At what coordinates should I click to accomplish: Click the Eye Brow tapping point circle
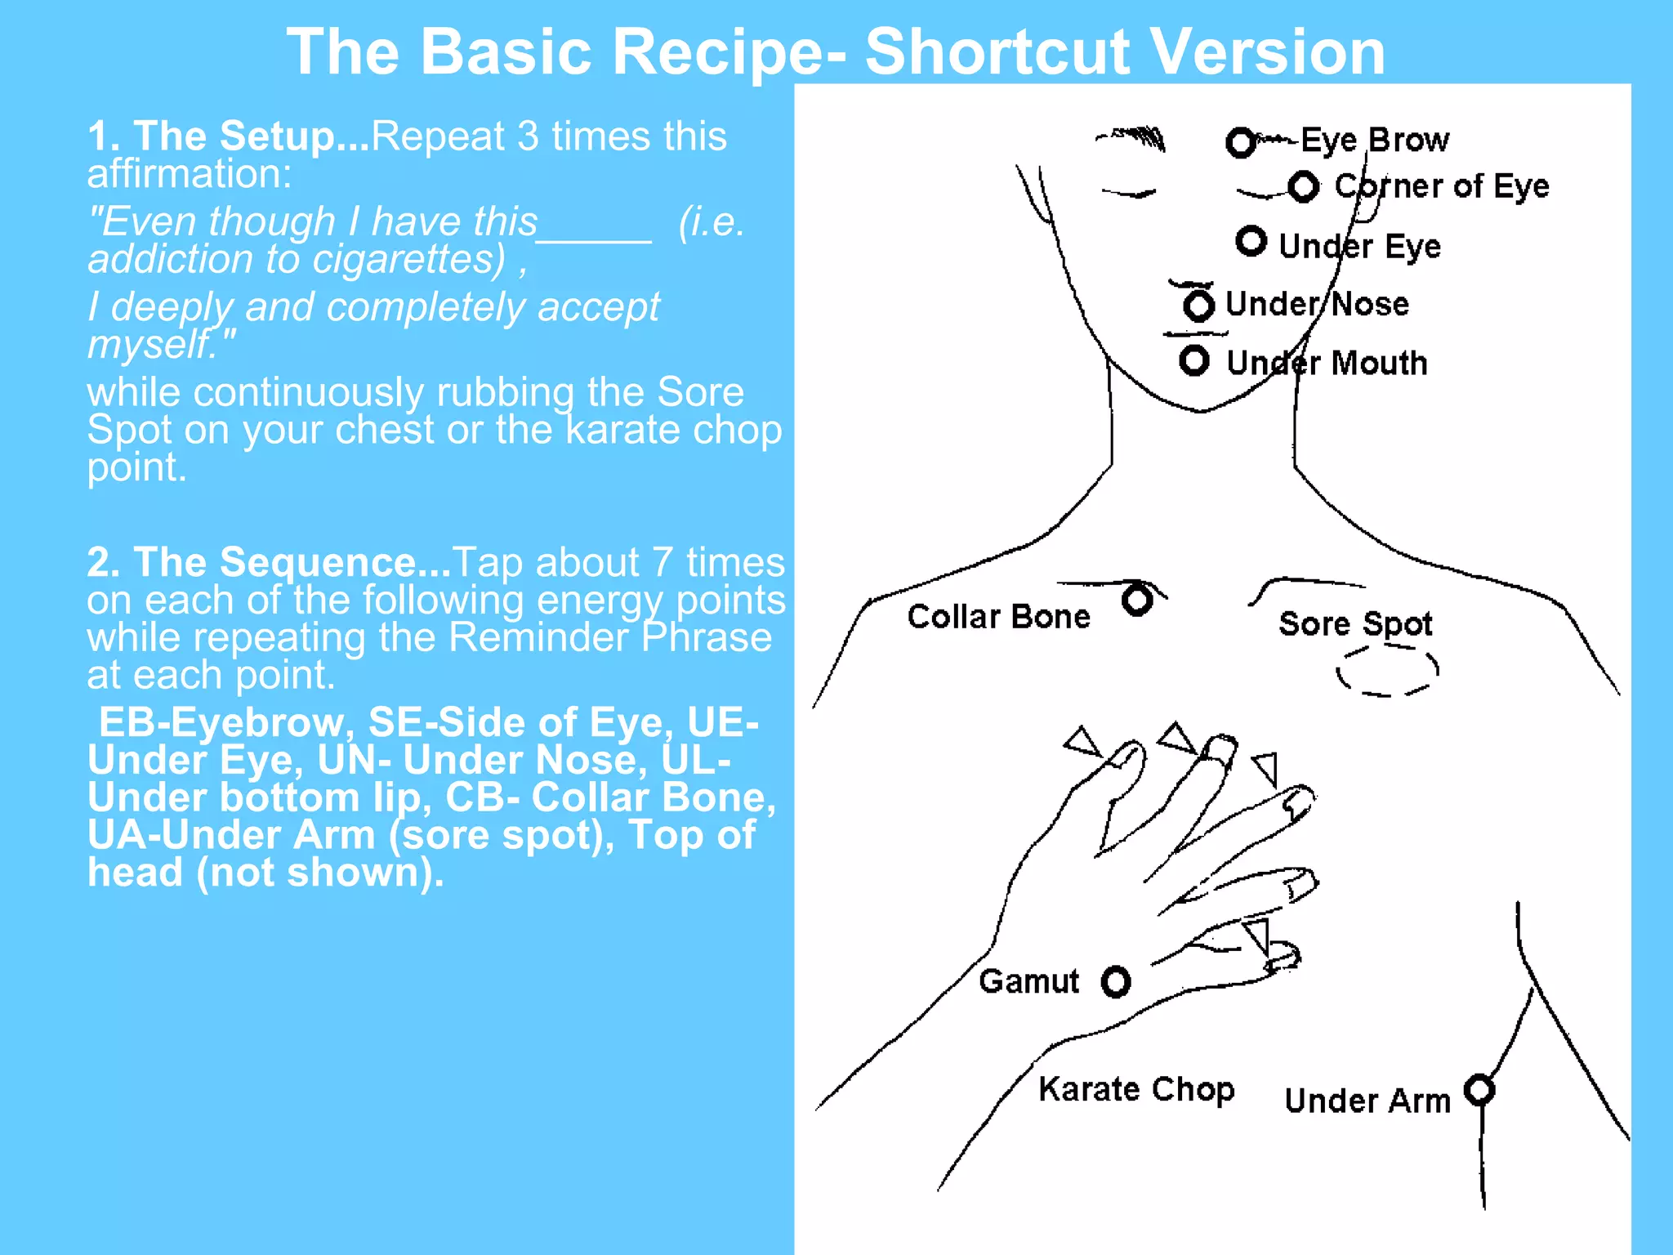(x=1241, y=143)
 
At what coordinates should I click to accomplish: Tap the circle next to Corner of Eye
(x=1304, y=187)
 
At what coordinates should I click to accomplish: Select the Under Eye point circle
(x=1251, y=242)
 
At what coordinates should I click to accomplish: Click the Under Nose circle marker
(x=1199, y=306)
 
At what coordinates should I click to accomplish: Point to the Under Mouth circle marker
(x=1194, y=360)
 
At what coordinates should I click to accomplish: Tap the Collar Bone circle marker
(x=1137, y=600)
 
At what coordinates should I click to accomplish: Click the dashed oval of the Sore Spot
(x=1387, y=671)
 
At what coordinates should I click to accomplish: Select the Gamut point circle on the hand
(x=1116, y=982)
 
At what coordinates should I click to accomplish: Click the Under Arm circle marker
(x=1479, y=1089)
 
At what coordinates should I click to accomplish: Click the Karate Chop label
(x=1136, y=1089)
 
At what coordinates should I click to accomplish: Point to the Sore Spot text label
(x=1355, y=624)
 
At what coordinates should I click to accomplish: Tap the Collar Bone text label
(x=998, y=617)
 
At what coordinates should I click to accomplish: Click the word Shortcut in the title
(x=998, y=52)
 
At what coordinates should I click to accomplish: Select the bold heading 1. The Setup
(x=229, y=136)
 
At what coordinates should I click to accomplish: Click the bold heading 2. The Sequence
(x=270, y=563)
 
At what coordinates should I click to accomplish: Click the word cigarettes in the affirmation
(x=408, y=260)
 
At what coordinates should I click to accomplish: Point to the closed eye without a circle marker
(x=1128, y=193)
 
